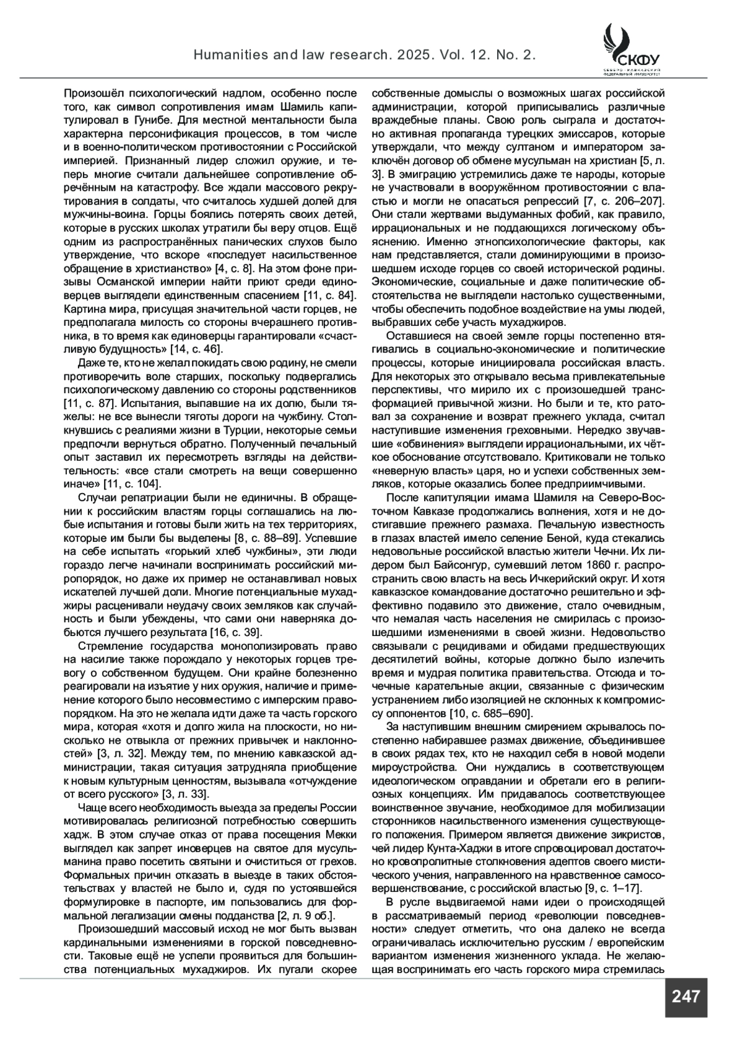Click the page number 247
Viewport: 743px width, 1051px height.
[x=685, y=996]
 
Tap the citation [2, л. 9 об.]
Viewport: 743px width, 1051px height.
[x=303, y=915]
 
